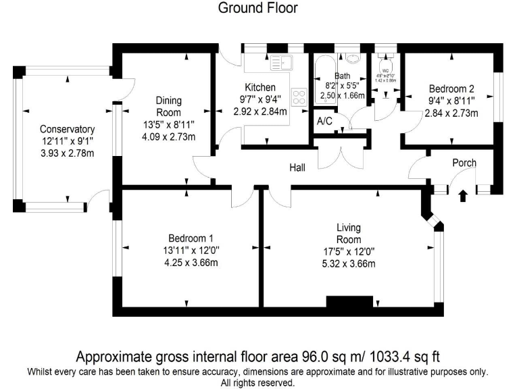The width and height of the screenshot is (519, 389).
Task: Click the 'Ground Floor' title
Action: (258, 8)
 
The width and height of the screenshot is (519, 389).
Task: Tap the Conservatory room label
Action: (67, 129)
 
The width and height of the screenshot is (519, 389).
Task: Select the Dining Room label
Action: (168, 106)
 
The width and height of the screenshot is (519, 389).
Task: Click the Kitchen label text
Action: (260, 87)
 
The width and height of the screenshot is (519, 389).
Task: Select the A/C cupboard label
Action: (324, 122)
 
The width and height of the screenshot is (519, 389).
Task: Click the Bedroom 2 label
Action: (451, 88)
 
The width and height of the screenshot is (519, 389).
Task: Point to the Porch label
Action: (464, 163)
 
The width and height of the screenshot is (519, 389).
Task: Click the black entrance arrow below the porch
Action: (463, 196)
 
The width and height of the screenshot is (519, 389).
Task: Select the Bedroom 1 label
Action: (191, 238)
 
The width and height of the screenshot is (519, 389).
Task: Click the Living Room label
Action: (349, 233)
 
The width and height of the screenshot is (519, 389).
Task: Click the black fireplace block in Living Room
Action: (349, 302)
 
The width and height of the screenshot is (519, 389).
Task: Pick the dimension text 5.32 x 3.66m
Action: (349, 263)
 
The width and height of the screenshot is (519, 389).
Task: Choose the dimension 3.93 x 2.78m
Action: (67, 154)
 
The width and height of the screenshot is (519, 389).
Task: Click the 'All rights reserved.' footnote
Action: (258, 382)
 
